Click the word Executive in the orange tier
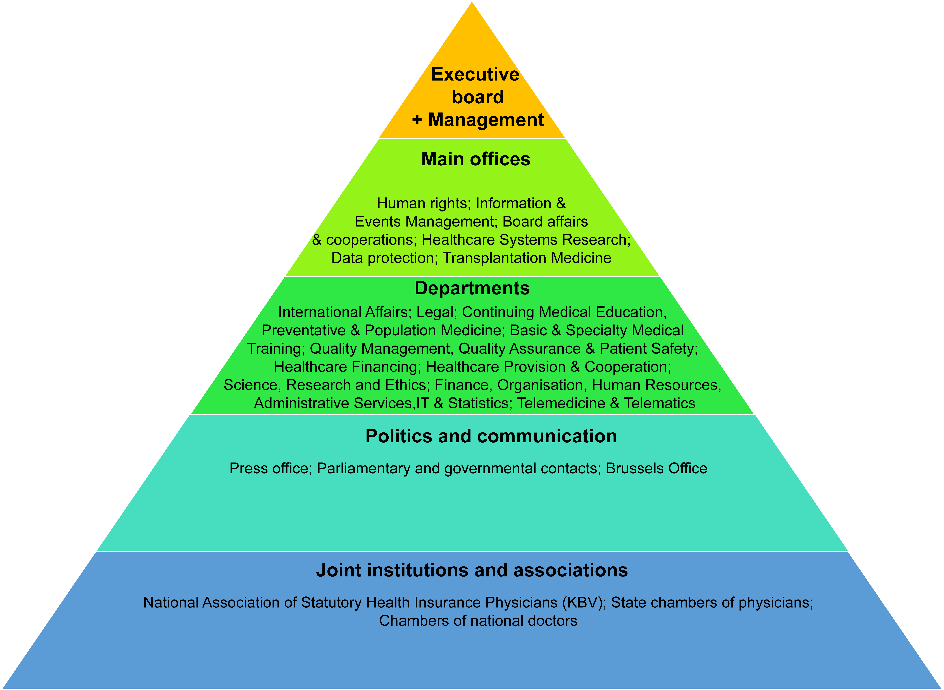pyautogui.click(x=475, y=74)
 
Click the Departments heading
pyautogui.click(x=472, y=288)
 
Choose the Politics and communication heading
pyautogui.click(x=491, y=436)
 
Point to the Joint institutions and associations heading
pyautogui.click(x=472, y=570)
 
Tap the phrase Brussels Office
pyautogui.click(x=656, y=469)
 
